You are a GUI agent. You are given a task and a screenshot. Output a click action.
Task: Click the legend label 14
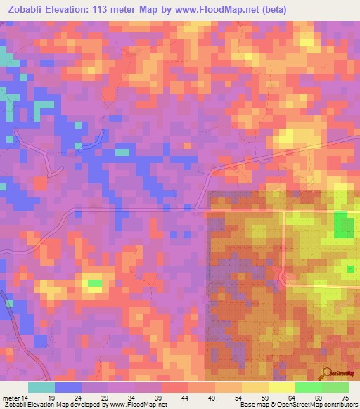25,398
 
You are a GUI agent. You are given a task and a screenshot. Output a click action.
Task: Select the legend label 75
345,398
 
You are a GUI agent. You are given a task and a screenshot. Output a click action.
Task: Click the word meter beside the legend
11,398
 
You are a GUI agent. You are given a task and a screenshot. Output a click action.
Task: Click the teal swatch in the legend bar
41,387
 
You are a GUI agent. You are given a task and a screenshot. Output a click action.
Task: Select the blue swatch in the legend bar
68,387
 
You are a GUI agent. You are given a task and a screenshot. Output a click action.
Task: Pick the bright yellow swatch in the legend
281,387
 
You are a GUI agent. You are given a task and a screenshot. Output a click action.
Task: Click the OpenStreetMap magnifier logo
326,374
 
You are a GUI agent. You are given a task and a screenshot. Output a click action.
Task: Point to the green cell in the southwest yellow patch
94,283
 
